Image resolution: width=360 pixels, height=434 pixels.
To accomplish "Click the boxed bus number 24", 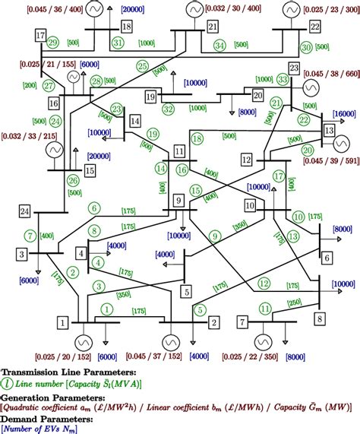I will pyautogui.click(x=26, y=211).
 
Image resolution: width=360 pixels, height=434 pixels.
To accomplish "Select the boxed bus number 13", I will pyautogui.click(x=329, y=131).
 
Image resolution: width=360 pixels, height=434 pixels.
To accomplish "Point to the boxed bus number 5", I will pyautogui.click(x=185, y=290).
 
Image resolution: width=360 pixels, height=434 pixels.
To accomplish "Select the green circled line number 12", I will pyautogui.click(x=264, y=283).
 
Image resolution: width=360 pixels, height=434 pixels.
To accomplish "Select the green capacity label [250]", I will pyautogui.click(x=292, y=303).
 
